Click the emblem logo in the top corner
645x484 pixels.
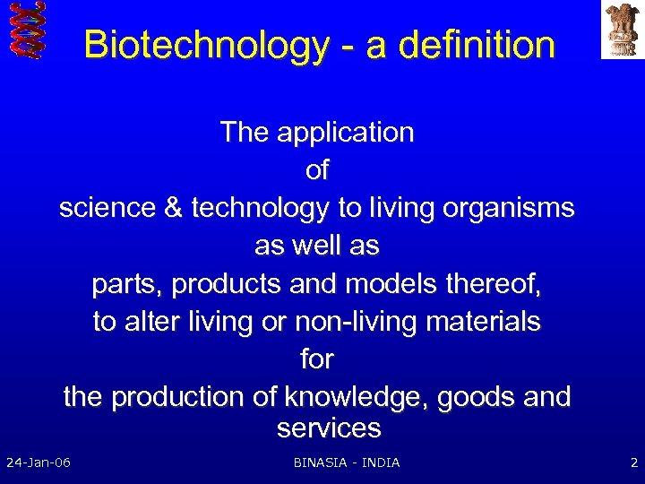pos(622,29)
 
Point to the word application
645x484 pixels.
pos(345,133)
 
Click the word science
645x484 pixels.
pos(109,208)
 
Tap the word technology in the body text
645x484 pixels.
pos(260,208)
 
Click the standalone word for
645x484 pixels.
pos(317,359)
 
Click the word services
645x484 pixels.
pos(329,428)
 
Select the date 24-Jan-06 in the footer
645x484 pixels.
pos(39,462)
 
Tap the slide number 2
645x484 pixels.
pos(633,462)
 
